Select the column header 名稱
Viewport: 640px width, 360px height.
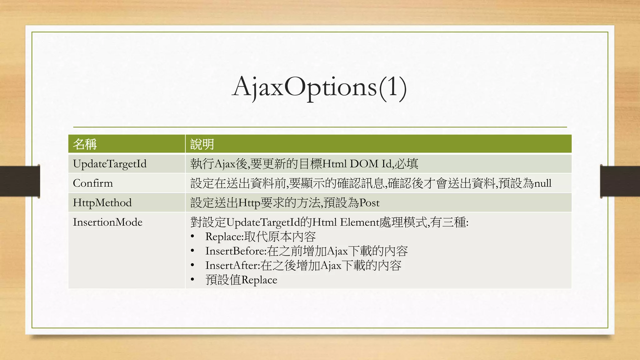click(85, 144)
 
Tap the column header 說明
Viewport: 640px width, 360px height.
click(202, 144)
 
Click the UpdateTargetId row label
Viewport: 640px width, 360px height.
click(110, 164)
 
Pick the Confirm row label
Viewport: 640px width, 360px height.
click(93, 183)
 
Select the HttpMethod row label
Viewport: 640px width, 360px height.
click(102, 202)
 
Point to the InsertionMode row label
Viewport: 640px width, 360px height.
click(107, 222)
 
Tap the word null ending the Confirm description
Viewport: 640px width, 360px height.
click(543, 183)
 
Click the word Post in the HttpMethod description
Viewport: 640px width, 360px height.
click(369, 203)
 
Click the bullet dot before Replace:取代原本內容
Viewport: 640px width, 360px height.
click(192, 237)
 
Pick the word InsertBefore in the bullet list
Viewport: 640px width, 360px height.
click(235, 251)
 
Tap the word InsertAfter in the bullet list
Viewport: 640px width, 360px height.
click(232, 265)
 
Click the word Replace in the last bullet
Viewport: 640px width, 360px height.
click(259, 280)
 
